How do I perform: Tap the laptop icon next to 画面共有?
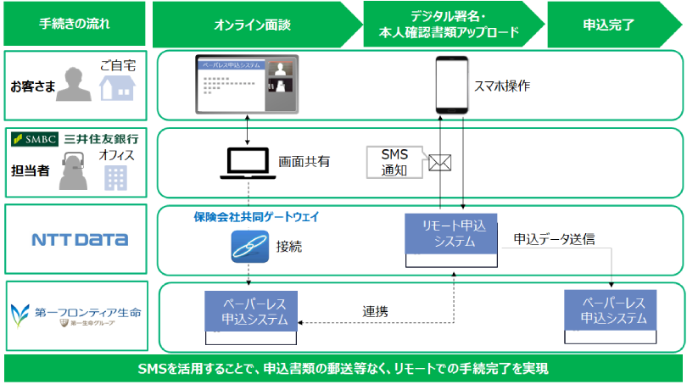tap(248, 164)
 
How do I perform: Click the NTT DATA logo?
tap(80, 240)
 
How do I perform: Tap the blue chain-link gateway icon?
tap(249, 248)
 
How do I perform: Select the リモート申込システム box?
tap(450, 232)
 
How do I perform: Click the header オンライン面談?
tap(253, 25)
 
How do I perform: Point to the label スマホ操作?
tap(503, 86)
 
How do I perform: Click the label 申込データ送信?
tap(554, 239)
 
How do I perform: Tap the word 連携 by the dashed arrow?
tap(375, 311)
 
